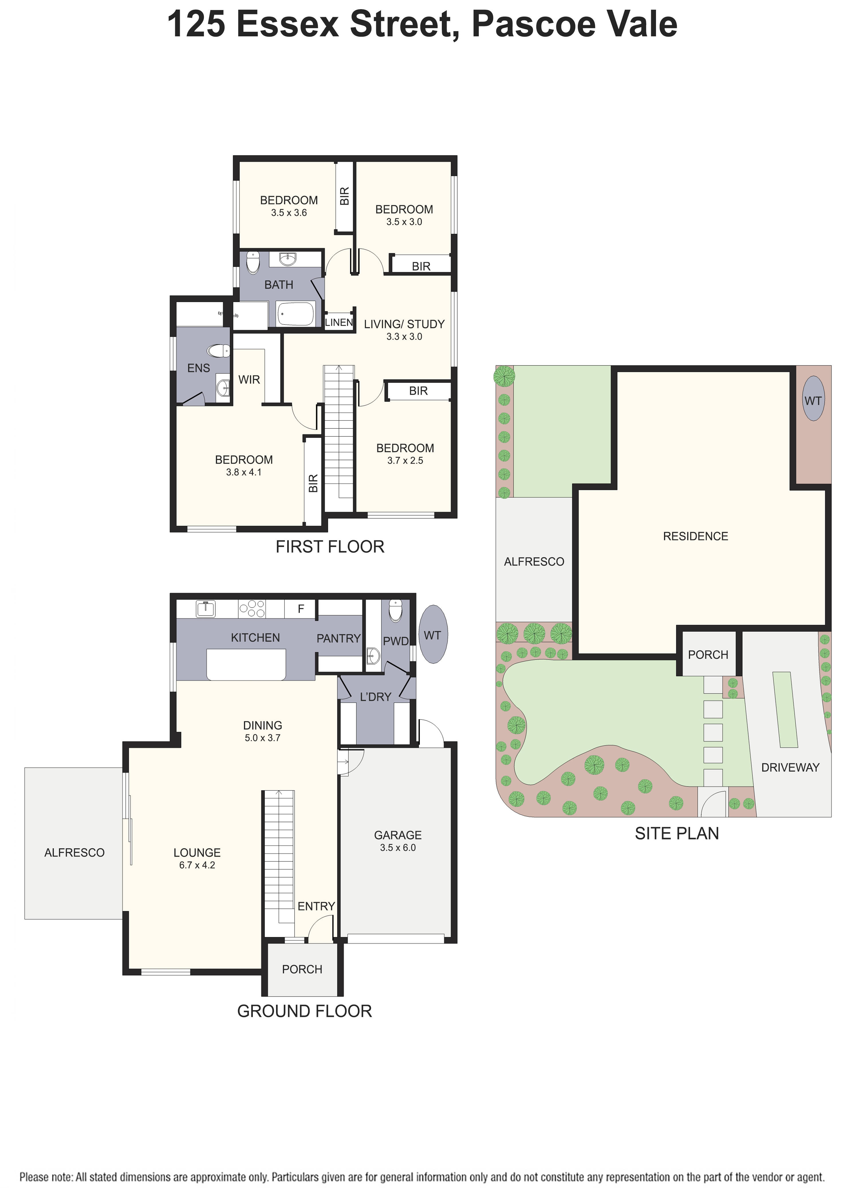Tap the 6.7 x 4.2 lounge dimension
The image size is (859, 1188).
197,865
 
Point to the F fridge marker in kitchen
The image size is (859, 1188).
301,609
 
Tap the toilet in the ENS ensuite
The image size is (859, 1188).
218,350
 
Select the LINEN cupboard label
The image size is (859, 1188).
338,322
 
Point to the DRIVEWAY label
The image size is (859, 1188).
790,767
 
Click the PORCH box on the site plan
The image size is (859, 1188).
708,654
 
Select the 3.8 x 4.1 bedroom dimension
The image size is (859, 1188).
244,472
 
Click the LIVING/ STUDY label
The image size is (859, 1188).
404,324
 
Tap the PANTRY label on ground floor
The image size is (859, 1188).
338,639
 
